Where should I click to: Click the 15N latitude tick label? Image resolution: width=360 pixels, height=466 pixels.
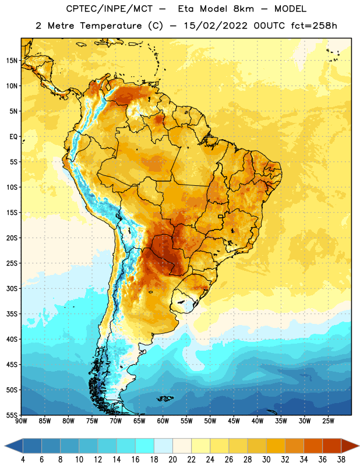pos(12,61)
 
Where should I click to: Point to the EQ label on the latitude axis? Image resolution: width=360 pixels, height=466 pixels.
pos(13,137)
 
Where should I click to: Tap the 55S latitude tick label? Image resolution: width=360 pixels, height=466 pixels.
pos(12,415)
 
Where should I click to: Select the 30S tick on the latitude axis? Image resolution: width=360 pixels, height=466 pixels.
pos(12,288)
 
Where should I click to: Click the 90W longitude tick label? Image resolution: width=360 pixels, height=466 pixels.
pos(22,421)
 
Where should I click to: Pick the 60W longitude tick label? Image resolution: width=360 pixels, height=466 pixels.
pos(163,421)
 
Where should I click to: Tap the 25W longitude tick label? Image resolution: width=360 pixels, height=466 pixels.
pos(328,421)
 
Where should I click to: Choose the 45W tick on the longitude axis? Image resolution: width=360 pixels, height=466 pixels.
pos(234,421)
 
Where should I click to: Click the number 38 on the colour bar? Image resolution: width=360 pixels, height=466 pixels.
pos(341,460)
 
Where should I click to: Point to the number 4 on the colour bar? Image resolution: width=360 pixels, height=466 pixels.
pos(23,460)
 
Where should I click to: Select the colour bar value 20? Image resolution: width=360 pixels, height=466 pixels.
pos(172,460)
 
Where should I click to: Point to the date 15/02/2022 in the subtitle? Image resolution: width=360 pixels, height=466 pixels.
pos(216,26)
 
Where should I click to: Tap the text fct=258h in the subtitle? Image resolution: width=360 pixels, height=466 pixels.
pos(314,26)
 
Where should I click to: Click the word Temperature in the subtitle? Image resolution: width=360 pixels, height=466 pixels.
pos(111,26)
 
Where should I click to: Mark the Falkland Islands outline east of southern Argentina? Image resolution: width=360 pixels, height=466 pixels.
pos(165,398)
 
